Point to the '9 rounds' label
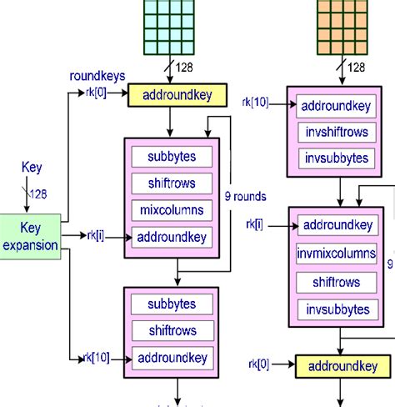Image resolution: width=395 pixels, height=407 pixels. click(246, 198)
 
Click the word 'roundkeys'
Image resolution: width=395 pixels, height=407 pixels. click(97, 76)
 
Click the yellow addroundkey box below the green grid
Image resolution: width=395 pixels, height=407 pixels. click(177, 97)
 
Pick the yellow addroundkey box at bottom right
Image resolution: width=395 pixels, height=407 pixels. click(342, 366)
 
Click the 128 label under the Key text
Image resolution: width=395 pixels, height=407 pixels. click(38, 194)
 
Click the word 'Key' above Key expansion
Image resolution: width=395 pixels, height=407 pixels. click(31, 168)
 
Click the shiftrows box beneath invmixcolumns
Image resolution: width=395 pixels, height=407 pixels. click(337, 282)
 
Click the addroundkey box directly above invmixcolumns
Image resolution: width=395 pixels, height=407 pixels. click(337, 226)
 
